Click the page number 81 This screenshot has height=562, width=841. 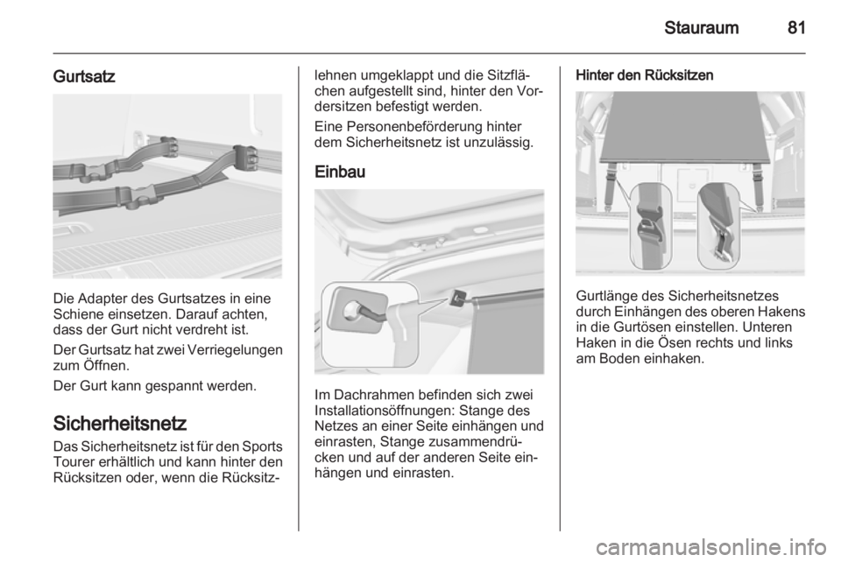[x=796, y=27]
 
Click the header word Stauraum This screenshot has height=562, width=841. [x=701, y=27]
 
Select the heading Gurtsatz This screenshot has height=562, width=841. [x=84, y=77]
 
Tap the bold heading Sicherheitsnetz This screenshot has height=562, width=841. [x=120, y=423]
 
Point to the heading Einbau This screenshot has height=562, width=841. [x=340, y=172]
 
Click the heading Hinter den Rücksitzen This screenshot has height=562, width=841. [x=644, y=75]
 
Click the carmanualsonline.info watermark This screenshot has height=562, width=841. [x=711, y=547]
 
